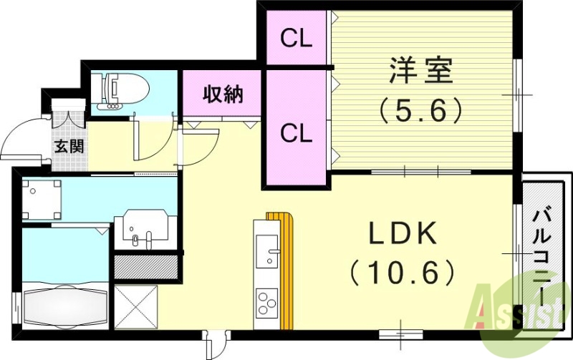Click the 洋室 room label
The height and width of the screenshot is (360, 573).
coord(420,74)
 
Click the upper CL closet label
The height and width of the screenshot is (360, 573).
coord(296,39)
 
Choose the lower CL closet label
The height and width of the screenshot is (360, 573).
coord(296,132)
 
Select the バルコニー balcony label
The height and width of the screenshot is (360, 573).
coord(542,255)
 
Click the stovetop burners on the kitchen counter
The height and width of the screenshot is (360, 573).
coord(267,303)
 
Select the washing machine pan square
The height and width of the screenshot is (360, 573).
coord(42,198)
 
